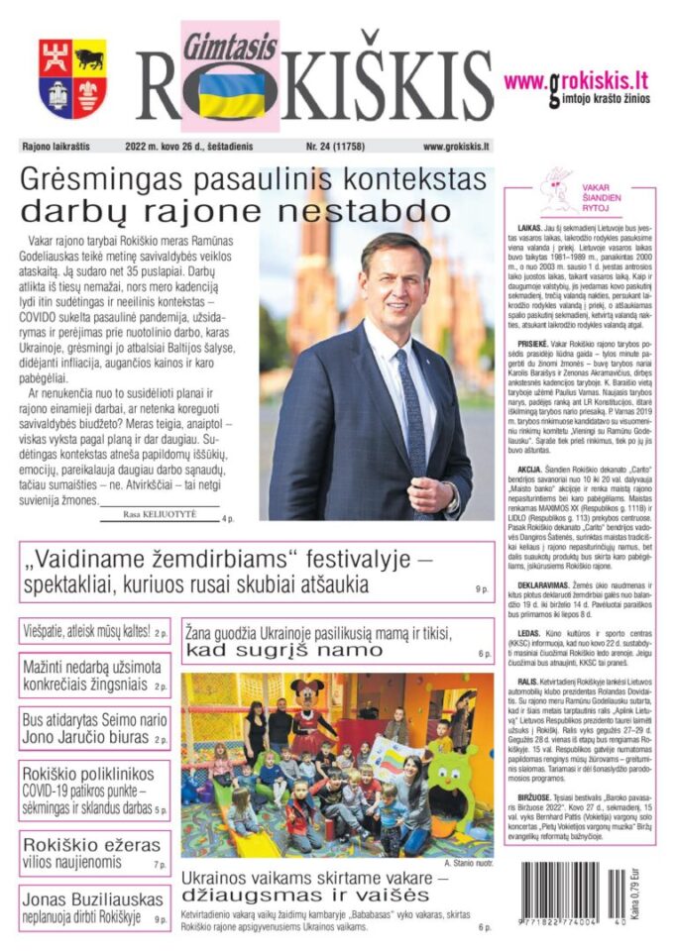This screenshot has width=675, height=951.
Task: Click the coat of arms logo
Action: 72,78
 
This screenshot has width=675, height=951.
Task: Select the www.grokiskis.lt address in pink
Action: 576,80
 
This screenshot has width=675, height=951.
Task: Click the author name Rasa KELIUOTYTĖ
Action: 160,515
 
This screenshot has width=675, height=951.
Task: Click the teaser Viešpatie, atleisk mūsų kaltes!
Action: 86,631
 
